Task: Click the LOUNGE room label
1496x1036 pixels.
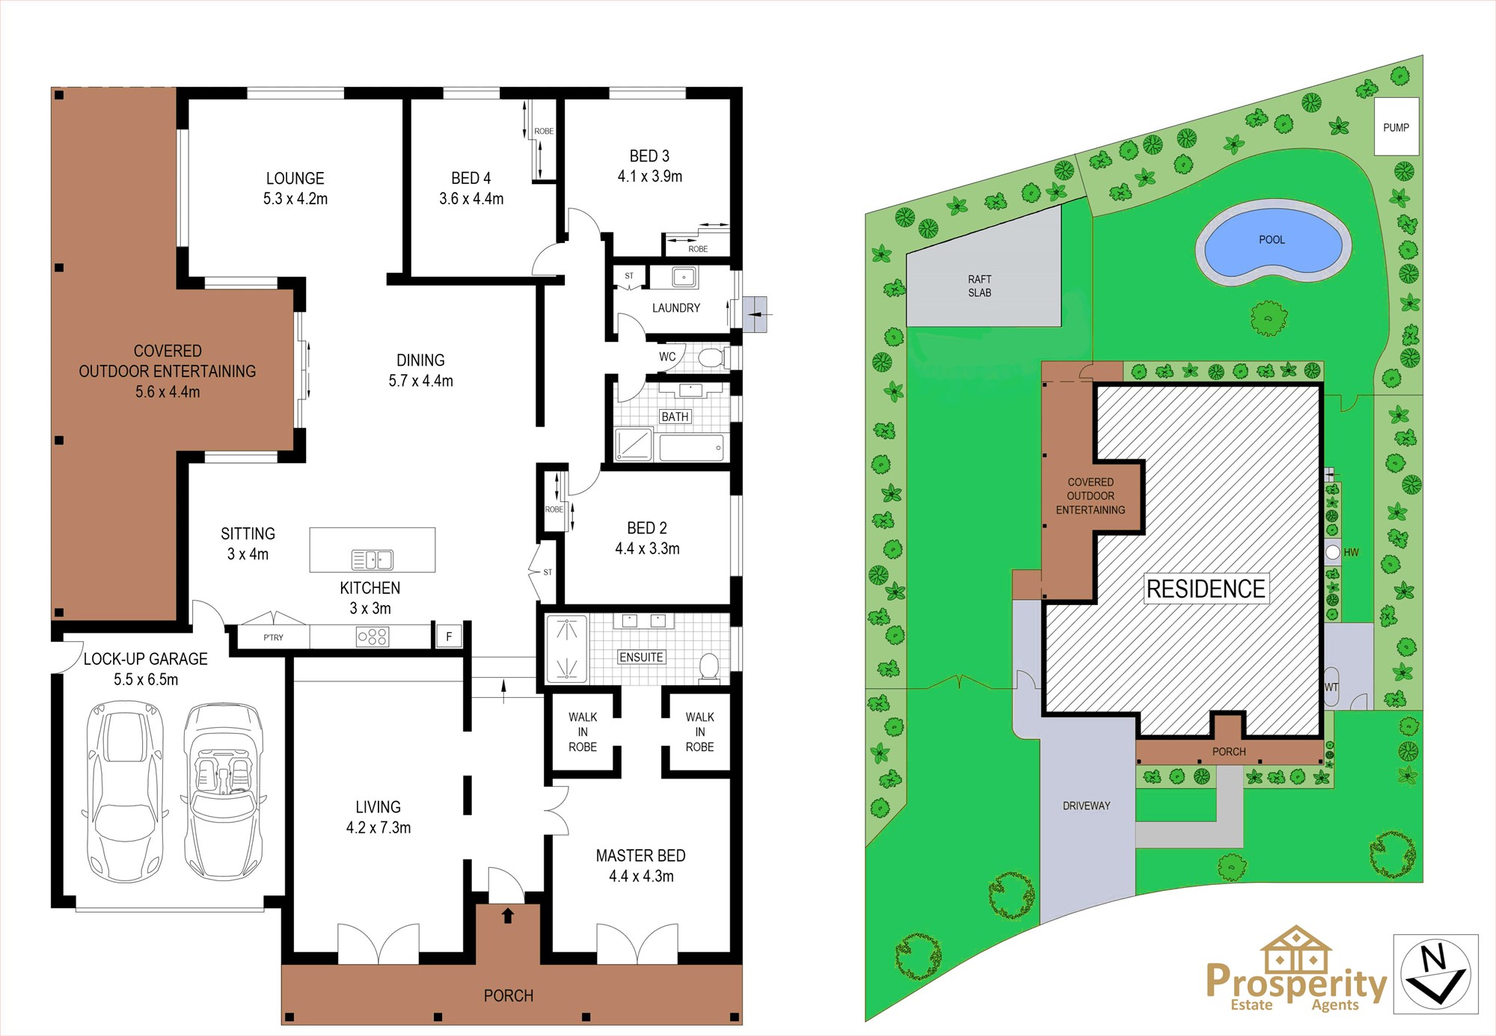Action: coord(295,179)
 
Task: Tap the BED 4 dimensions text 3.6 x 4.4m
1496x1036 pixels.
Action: coord(471,199)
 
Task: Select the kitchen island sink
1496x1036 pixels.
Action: coord(373,560)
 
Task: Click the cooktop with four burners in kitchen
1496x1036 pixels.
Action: coord(373,637)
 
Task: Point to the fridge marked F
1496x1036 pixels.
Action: coord(449,637)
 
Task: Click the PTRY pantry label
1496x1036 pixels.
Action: coord(273,638)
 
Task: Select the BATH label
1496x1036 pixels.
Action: coord(675,417)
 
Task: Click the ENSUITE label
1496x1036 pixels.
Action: coord(641,658)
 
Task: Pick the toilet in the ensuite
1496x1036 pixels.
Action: coord(708,666)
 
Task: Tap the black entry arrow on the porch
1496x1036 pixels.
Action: coord(508,915)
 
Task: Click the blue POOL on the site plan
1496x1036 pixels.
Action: coord(1273,240)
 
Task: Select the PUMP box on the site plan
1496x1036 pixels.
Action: coord(1397,127)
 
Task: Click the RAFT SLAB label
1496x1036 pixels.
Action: coord(980,286)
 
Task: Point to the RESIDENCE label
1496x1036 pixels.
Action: coord(1206,589)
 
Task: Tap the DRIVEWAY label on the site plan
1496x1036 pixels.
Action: coord(1086,806)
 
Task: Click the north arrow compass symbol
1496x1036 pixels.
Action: coord(1435,975)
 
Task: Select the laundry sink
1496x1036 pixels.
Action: coord(684,278)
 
